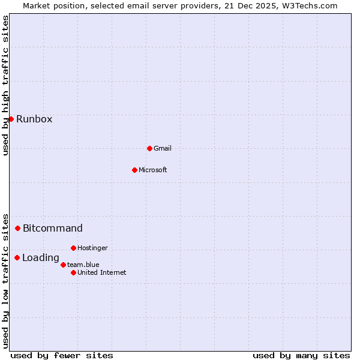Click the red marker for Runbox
coord(11,119)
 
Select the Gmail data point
coord(149,148)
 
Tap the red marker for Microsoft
coord(134,170)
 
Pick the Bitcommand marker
coord(17,228)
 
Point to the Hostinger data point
coord(73,248)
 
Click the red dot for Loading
coord(17,257)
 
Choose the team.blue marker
coord(63,265)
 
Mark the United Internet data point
coord(73,272)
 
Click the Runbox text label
coord(34,119)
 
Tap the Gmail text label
coord(163,148)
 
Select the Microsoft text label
coord(153,170)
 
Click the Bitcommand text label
coord(53,228)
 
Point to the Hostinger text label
coord(92,248)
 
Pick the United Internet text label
coord(102,272)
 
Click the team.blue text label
coord(83,265)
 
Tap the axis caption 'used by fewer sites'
coord(62,355)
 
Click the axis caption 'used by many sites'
coord(301,355)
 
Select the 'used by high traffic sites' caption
coord(5,85)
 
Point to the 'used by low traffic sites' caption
coord(5,280)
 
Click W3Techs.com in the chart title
coord(311,6)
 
